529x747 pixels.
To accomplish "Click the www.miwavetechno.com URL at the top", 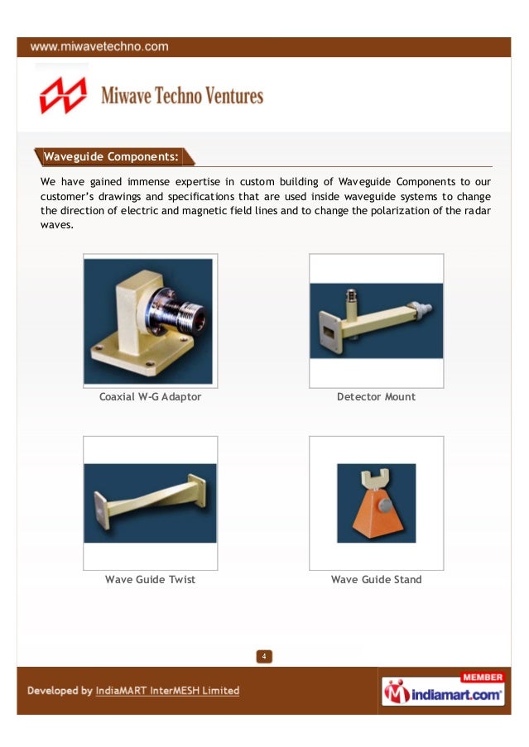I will [100, 47].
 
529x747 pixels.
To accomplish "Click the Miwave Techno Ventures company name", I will [182, 96].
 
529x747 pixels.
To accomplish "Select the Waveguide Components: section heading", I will [111, 156].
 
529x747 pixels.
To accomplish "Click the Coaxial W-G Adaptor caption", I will [150, 397].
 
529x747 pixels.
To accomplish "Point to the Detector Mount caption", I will [376, 397].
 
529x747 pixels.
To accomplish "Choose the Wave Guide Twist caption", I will [150, 579].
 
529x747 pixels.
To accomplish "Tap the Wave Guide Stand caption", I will [376, 579].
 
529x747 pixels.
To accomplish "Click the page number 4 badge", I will [263, 657].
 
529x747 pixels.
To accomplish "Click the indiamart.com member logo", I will [443, 693].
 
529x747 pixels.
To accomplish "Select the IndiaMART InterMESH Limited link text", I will [167, 691].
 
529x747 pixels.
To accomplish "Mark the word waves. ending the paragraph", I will [56, 226].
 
